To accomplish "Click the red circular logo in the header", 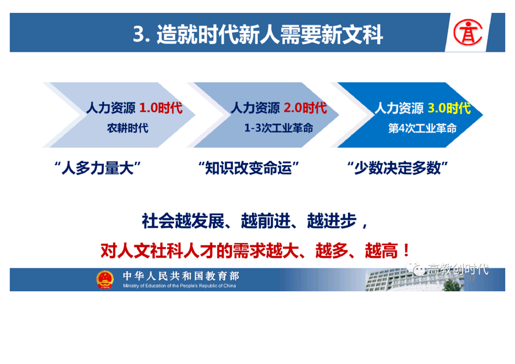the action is [468, 32].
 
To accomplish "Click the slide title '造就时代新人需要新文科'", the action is [269, 34].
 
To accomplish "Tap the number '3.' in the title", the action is [141, 34].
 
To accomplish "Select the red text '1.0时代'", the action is [161, 108].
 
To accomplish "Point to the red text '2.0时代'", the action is [305, 108].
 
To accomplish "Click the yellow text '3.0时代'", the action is [449, 108].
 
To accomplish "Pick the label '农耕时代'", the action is [128, 128].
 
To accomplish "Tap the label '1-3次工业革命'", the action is [279, 128].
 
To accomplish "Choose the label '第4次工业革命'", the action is [422, 128].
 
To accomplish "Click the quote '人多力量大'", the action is [98, 168].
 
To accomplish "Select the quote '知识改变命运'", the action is [249, 168].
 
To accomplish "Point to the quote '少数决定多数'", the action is [397, 168].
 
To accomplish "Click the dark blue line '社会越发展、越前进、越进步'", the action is [249, 221].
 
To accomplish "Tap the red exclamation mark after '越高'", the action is [406, 250].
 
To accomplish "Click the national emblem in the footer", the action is [105, 280].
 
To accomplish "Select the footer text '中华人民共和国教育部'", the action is [181, 275].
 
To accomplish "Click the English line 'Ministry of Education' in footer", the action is [179, 286].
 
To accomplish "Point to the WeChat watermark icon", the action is [415, 269].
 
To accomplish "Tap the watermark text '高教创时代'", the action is [458, 269].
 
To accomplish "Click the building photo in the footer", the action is [414, 280].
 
